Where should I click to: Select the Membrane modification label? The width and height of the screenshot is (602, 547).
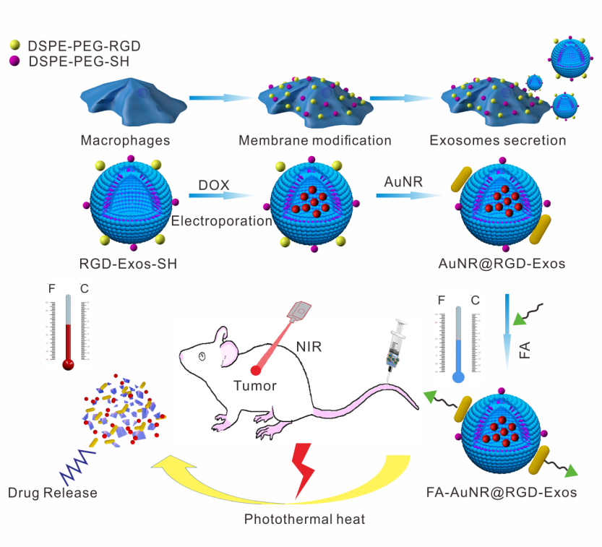pyautogui.click(x=315, y=140)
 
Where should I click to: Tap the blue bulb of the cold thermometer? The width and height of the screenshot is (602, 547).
pyautogui.click(x=457, y=376)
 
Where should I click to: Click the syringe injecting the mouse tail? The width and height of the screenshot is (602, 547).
pyautogui.click(x=396, y=348)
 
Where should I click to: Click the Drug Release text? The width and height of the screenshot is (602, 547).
pyautogui.click(x=53, y=494)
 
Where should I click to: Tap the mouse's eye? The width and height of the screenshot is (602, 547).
pyautogui.click(x=203, y=356)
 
